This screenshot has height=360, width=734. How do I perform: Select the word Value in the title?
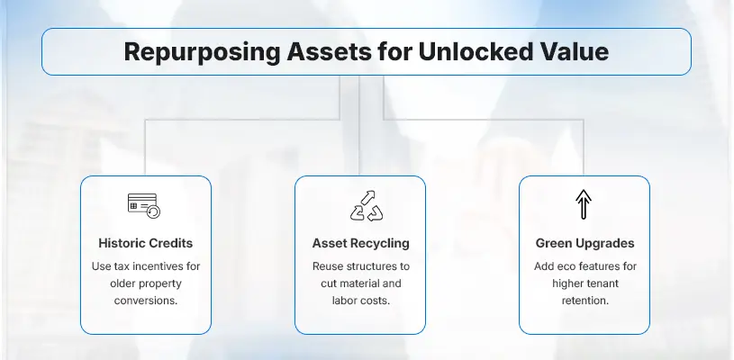pos(567,51)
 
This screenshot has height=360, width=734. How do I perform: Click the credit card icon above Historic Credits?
pos(145,206)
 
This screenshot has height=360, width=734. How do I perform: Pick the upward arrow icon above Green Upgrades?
pos(583,206)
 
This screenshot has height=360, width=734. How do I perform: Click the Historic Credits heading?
pos(145,243)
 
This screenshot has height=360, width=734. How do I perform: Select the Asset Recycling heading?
pos(359,243)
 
